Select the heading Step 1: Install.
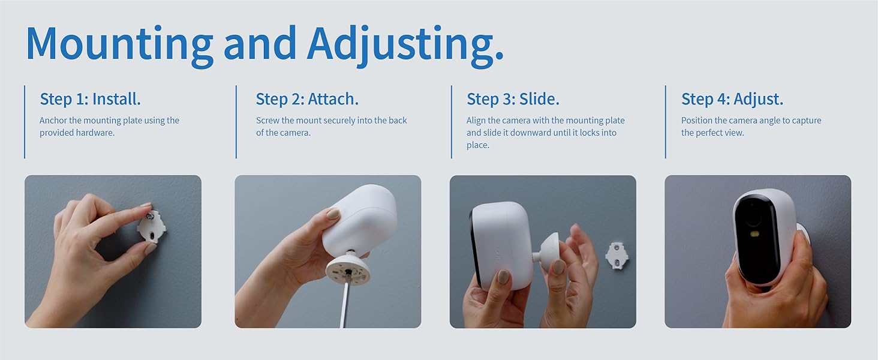pyautogui.click(x=90, y=99)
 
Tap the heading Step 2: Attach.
pyautogui.click(x=307, y=99)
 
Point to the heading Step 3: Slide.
pyautogui.click(x=513, y=99)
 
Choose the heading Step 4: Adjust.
pyautogui.click(x=732, y=99)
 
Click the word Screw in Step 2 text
pyautogui.click(x=267, y=121)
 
